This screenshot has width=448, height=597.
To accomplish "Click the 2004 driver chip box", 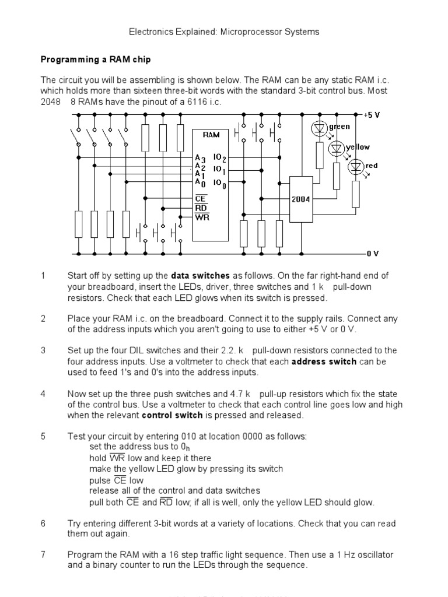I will click(x=300, y=199).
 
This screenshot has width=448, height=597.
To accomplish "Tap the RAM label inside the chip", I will click(x=211, y=135).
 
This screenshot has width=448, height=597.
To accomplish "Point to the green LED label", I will click(x=339, y=127).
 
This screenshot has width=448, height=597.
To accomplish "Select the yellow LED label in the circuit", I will click(x=358, y=148).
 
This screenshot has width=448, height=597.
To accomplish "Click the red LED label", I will click(x=372, y=166).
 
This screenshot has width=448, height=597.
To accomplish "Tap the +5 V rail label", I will click(x=372, y=114).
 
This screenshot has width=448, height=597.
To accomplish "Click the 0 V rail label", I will click(x=373, y=254).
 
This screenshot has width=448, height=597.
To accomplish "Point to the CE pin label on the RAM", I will click(x=201, y=199).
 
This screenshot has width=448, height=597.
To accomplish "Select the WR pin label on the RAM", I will click(x=202, y=217).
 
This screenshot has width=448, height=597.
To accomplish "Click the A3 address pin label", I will click(x=200, y=158).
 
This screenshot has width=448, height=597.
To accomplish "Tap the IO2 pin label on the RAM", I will click(x=219, y=158).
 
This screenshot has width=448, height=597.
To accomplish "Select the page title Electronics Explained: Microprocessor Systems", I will click(x=223, y=32).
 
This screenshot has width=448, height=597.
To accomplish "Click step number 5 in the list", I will click(x=43, y=437).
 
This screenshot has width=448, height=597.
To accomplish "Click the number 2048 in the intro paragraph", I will click(x=51, y=102).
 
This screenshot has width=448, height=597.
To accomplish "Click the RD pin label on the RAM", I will click(x=201, y=208).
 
